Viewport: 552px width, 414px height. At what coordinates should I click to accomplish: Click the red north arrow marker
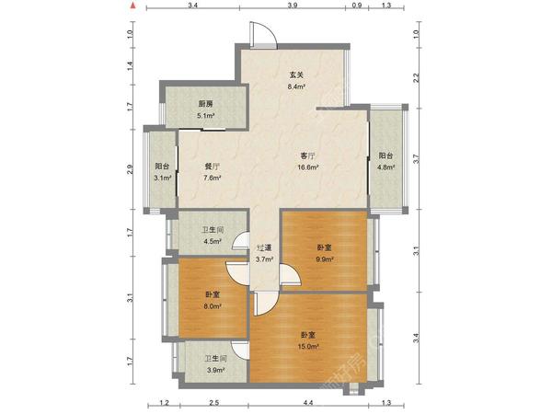[x=132, y=6]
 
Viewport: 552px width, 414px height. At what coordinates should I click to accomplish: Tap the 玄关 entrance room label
[x=296, y=75]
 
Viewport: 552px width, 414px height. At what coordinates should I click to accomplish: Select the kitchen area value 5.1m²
[x=206, y=116]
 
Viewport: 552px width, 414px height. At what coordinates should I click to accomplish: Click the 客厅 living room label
[x=307, y=155]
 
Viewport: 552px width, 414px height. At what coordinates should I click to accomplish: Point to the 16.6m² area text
[x=308, y=167]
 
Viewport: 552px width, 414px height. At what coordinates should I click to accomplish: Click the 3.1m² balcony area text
[x=163, y=178]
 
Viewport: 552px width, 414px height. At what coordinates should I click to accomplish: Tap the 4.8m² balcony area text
[x=385, y=167]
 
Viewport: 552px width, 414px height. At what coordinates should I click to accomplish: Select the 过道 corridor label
[x=264, y=247]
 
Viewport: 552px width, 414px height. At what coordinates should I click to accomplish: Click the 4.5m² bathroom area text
[x=213, y=241]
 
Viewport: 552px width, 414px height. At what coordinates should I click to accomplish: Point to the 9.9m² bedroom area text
[x=325, y=259]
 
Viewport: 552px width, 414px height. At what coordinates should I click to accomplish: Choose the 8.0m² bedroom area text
[x=213, y=306]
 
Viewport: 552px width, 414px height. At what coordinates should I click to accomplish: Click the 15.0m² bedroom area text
[x=308, y=347]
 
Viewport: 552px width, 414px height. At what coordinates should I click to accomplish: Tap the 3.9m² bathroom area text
[x=216, y=370]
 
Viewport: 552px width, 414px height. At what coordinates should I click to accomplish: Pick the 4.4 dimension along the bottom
[x=308, y=403]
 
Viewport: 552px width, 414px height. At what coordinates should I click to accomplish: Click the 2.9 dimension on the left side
[x=131, y=169]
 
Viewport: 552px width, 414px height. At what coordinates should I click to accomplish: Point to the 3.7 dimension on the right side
[x=417, y=159]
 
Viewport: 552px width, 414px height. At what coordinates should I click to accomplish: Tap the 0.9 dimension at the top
[x=357, y=6]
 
